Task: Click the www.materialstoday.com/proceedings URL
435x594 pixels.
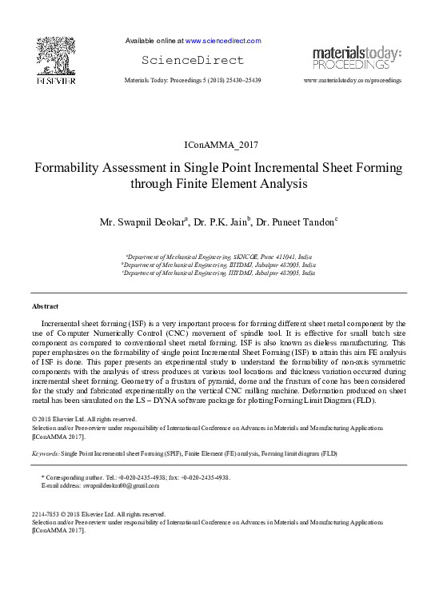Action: click(353, 82)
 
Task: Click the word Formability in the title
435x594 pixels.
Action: click(68, 169)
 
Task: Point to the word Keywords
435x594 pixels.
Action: click(45, 453)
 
